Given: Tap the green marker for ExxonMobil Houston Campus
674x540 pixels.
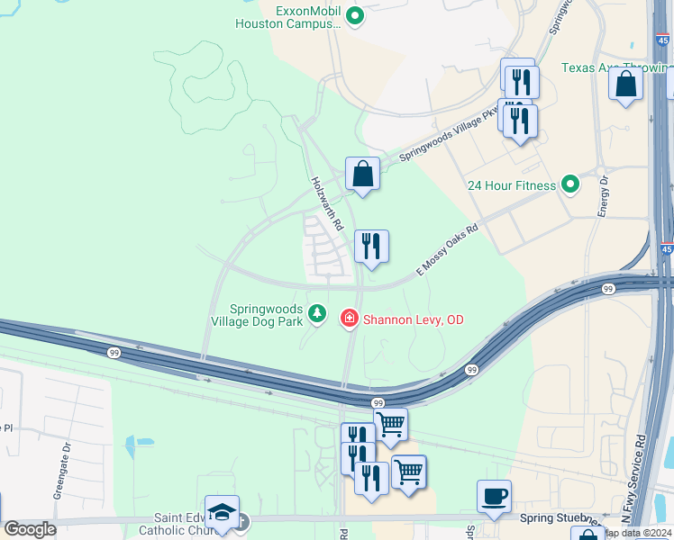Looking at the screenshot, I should (355, 14).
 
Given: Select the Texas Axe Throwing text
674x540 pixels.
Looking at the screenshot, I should (615, 67).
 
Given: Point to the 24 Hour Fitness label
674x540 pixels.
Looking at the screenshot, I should (511, 185).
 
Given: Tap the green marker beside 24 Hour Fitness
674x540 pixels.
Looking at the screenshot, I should (569, 185).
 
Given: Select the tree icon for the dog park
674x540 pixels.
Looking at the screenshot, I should (316, 313).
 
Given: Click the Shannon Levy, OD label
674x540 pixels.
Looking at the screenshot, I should (413, 319).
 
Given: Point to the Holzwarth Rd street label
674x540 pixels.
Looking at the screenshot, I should (323, 200).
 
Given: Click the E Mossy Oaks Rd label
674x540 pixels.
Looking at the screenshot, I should (446, 250).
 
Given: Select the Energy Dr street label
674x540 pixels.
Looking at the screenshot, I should (604, 196).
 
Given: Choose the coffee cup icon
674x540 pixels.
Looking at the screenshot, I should (494, 497).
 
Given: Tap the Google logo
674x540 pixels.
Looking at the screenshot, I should (30, 528).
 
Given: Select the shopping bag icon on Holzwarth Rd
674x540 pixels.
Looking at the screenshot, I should (362, 174).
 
